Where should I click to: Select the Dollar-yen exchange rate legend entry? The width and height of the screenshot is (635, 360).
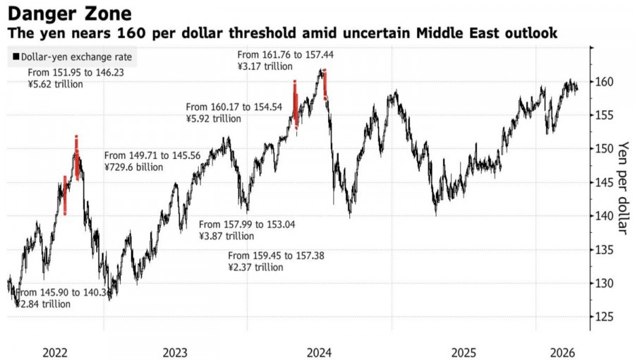point(71,57)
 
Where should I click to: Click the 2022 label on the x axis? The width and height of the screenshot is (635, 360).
point(55,351)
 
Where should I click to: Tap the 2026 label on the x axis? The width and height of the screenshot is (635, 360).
point(562,351)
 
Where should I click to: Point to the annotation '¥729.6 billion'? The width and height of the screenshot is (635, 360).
point(133,167)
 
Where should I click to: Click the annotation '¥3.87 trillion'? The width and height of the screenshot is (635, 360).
point(226,236)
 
